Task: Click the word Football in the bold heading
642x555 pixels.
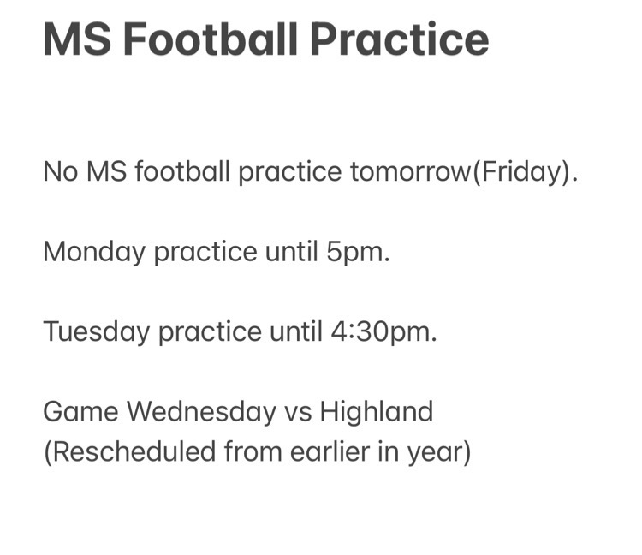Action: coord(210,39)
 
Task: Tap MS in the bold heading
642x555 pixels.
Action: coord(77,39)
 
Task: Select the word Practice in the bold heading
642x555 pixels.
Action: coord(399,39)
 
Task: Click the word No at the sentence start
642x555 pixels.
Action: coord(60,171)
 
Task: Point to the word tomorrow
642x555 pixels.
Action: coord(411,171)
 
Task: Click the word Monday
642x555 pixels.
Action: coord(94,253)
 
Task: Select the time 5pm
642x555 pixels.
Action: coord(356,253)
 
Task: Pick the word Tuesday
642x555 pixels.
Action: coord(96,332)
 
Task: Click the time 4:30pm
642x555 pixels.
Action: coord(382,332)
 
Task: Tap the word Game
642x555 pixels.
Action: coord(80,412)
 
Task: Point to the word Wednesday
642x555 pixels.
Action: coord(201,413)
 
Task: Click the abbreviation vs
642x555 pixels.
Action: coord(298,415)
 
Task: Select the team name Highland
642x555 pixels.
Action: coord(377,413)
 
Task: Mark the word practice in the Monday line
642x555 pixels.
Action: coord(205,253)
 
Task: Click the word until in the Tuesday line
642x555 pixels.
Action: coord(296,331)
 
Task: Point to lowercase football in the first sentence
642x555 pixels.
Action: coord(182,171)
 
